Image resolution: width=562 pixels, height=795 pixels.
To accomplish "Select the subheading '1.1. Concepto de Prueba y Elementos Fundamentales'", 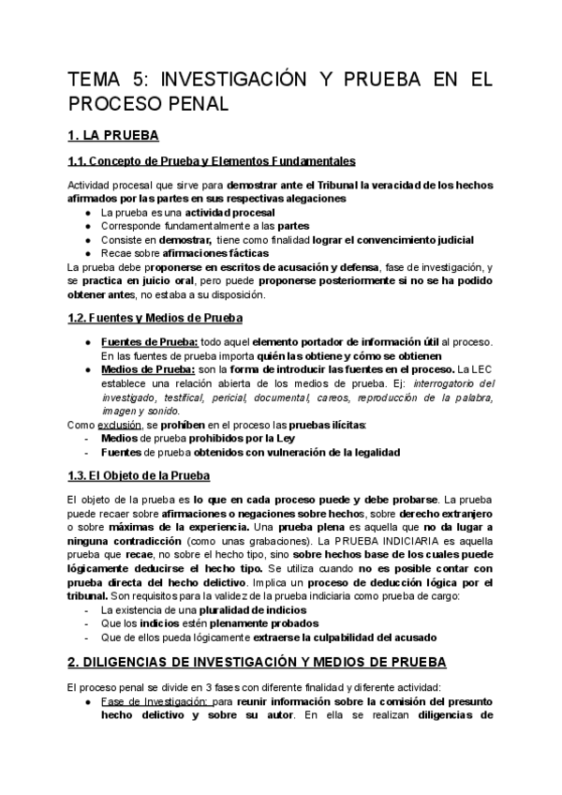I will click(x=212, y=160).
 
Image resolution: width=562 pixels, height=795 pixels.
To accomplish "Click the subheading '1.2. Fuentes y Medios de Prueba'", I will click(x=156, y=318).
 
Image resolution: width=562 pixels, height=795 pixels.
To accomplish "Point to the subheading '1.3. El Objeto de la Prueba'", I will click(x=140, y=475).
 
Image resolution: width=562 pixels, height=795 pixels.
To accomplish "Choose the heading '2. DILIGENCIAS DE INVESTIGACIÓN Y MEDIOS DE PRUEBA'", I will click(x=259, y=661).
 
